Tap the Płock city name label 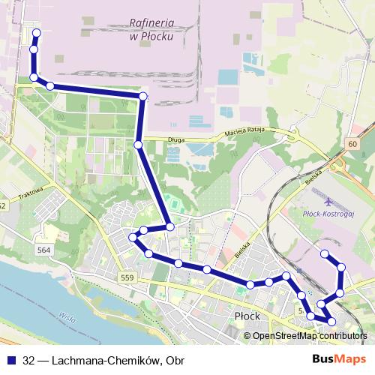point(247,316)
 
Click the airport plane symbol point(330,201)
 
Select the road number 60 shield point(352,143)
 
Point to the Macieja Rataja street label point(252,134)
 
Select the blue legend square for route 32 point(10,360)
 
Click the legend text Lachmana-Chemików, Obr point(103,360)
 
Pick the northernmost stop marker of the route point(36,34)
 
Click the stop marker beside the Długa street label point(138,144)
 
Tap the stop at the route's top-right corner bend point(143,96)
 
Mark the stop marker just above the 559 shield point(148,254)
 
